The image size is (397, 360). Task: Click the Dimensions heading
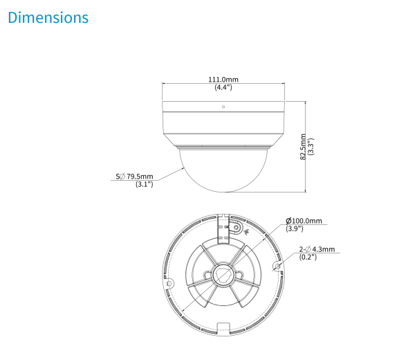pos(48,17)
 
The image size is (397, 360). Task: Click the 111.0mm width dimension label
pos(223,80)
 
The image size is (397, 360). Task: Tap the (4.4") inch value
pos(223,88)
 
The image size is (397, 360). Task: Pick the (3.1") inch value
pos(144,185)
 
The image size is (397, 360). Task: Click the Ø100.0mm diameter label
pos(304,221)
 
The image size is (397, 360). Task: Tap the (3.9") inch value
pos(294,229)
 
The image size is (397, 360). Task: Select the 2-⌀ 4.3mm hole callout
pos(317,249)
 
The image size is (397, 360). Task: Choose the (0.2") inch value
pos(308,258)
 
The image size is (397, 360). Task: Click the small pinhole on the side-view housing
pos(223,107)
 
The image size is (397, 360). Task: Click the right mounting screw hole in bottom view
pos(277,265)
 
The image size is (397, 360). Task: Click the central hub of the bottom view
pos(223,275)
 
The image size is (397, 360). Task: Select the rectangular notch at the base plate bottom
pos(223,327)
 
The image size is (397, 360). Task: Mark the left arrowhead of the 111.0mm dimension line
pos(165,84)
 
